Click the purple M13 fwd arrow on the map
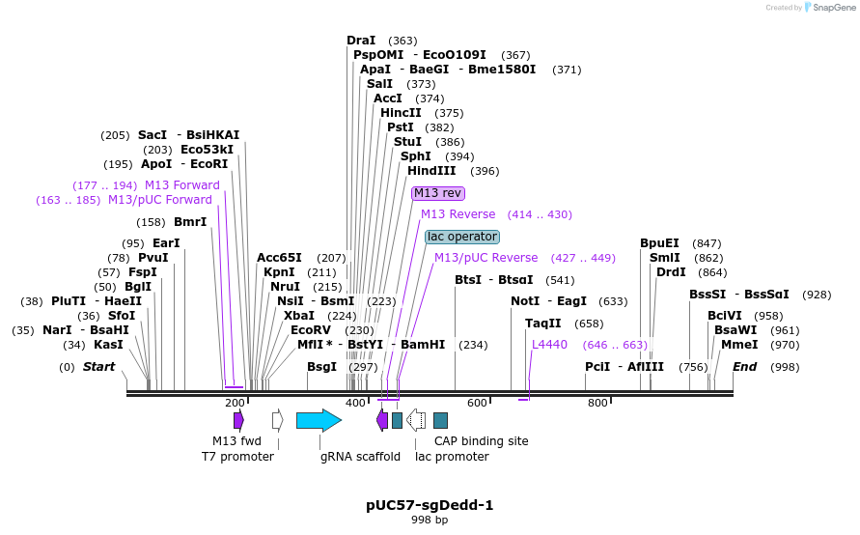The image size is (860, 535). point(238,420)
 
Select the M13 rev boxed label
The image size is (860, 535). point(438,193)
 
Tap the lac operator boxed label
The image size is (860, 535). point(462,237)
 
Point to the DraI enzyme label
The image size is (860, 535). point(361,41)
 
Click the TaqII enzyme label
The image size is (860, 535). point(542,324)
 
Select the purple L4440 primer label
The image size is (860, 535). point(549,345)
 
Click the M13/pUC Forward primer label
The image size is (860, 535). point(160,200)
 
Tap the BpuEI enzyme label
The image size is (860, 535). point(659,243)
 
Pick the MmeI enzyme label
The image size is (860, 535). point(739,345)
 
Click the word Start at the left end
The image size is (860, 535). point(98,367)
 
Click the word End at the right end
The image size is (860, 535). point(744,367)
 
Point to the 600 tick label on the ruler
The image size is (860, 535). point(477,403)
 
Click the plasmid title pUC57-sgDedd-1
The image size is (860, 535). point(430,505)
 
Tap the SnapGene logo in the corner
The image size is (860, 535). point(827,8)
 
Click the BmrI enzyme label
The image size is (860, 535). point(190,222)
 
